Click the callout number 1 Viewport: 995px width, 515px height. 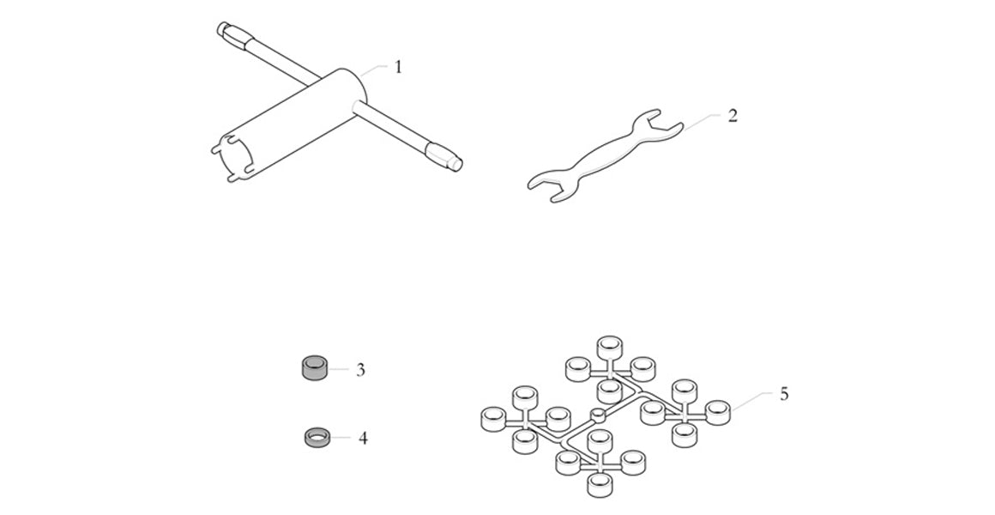(398, 67)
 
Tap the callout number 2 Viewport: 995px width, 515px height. (733, 115)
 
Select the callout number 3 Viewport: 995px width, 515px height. (361, 370)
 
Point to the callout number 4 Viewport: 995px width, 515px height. (363, 439)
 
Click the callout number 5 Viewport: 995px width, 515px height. (784, 394)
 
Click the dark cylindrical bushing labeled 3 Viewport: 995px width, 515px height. (314, 369)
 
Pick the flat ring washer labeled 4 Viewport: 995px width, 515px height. (317, 438)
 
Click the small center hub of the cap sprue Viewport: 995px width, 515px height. (599, 415)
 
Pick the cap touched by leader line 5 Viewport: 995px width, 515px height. (716, 412)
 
